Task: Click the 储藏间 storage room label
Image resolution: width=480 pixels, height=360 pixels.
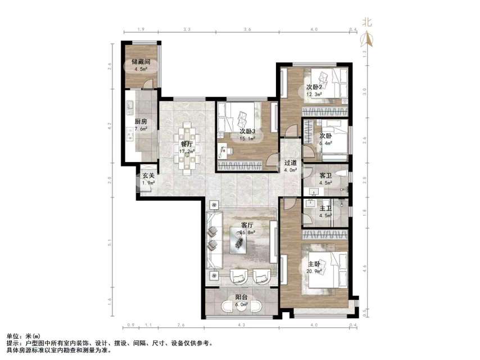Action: click(140, 62)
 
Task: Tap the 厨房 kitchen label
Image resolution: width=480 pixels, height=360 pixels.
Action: click(141, 121)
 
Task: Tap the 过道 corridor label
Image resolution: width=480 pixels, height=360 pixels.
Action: click(291, 164)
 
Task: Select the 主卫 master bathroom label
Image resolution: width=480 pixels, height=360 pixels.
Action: click(325, 208)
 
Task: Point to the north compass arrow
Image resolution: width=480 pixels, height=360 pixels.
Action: click(368, 38)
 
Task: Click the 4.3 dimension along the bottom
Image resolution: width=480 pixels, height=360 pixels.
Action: click(241, 326)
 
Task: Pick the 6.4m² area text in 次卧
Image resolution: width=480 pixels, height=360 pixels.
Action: click(325, 143)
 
